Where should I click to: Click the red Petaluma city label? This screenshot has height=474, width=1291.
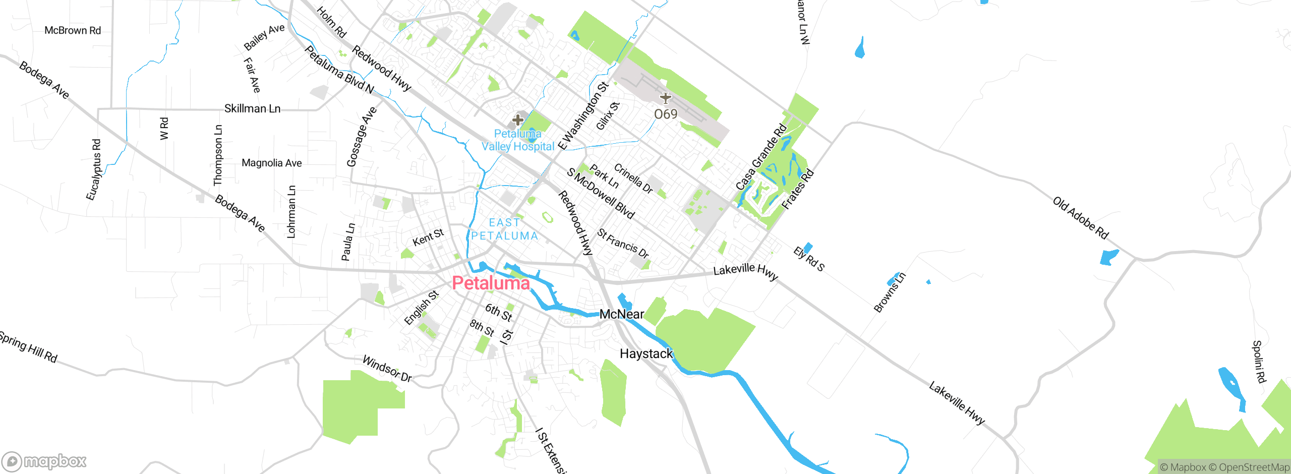point(490,283)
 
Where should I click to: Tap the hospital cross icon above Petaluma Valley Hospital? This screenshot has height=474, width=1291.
point(517,120)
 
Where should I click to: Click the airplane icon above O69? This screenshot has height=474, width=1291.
point(666,98)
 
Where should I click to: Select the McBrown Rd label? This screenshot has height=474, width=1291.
point(73,30)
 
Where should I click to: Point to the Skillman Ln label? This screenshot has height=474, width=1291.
point(252,108)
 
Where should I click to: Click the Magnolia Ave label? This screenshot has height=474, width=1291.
point(271,163)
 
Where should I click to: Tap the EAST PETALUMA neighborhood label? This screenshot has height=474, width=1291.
point(504,229)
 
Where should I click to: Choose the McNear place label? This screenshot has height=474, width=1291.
point(621,314)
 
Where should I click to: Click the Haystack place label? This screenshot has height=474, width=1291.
point(646,354)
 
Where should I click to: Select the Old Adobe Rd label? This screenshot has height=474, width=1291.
point(1081,218)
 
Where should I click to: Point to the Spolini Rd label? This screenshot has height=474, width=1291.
point(1259,362)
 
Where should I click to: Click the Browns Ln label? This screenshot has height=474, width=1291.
point(890,292)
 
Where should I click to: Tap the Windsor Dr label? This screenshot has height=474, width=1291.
point(387,369)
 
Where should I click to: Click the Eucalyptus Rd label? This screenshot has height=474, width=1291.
point(93,170)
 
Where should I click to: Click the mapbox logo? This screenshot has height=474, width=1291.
point(44,461)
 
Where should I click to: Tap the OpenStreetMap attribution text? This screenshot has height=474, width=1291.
point(1254,467)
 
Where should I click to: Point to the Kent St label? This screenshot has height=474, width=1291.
point(428,237)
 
